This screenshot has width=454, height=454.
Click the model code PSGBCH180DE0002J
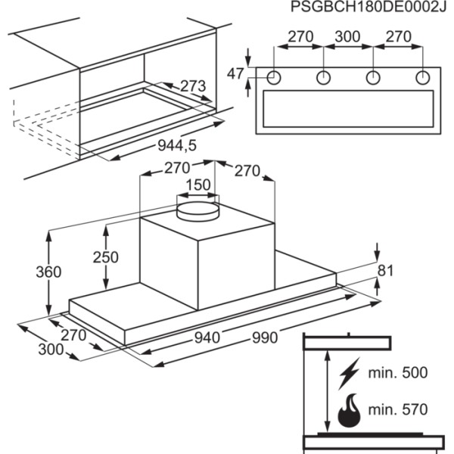pyautogui.click(x=365, y=8)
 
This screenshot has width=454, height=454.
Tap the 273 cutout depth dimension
pyautogui.click(x=192, y=86)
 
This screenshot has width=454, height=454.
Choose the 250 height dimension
pyautogui.click(x=105, y=257)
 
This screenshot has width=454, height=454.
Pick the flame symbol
pyautogui.click(x=349, y=409)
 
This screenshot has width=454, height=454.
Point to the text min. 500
pyautogui.click(x=397, y=373)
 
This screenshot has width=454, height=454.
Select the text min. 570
pyautogui.click(x=397, y=409)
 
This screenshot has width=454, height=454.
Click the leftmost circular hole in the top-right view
pyautogui.click(x=275, y=77)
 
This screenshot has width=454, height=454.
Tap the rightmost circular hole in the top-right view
pyautogui.click(x=422, y=77)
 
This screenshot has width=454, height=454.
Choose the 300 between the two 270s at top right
pyautogui.click(x=348, y=36)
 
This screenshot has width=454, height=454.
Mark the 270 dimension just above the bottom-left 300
pyautogui.click(x=74, y=334)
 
